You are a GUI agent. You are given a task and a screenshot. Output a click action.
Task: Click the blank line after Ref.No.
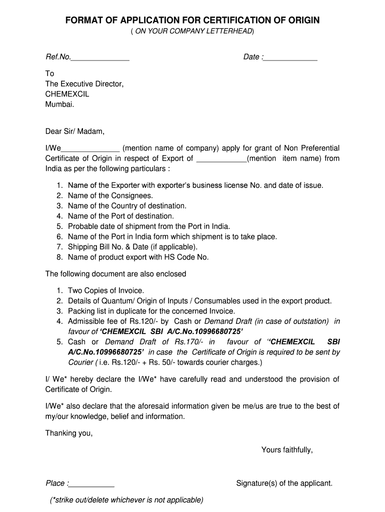coord(100,58)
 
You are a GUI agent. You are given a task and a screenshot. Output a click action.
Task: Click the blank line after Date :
coord(290,58)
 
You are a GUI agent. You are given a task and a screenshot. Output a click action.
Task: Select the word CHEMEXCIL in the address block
coord(67,94)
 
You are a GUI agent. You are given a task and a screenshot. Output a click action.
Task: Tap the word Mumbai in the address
coord(59,104)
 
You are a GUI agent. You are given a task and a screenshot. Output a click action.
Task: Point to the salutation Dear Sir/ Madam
coord(75,131)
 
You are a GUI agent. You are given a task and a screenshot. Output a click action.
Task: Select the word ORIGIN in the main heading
coord(301,20)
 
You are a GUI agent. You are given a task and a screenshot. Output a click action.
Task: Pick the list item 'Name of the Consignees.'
coord(110,195)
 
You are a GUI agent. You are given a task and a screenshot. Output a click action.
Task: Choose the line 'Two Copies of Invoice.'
coord(106,290)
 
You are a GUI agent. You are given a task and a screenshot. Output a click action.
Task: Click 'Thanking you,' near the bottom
coord(69,433)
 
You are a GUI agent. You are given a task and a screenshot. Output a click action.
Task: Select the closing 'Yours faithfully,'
coord(287,450)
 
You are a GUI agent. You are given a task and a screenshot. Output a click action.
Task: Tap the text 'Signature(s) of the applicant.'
coord(284,483)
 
